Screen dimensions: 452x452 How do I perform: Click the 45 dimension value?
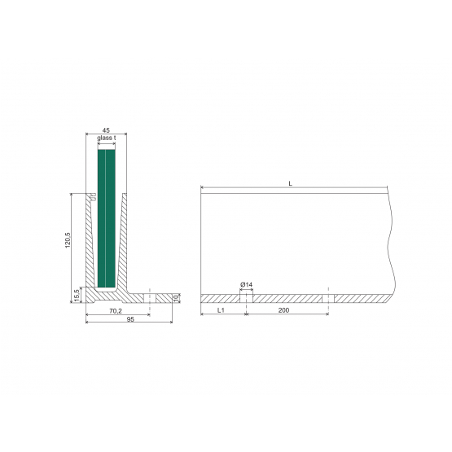tap(106, 130)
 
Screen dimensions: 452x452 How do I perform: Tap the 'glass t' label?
tap(107, 138)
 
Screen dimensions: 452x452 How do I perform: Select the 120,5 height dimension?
tap(68, 239)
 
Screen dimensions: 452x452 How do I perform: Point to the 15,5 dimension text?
tap(77, 296)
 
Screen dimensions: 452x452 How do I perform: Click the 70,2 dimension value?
tap(116, 311)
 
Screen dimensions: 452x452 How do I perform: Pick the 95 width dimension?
tap(130, 319)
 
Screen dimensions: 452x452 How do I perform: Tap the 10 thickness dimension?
tap(176, 298)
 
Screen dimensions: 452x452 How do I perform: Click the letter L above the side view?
tap(290, 183)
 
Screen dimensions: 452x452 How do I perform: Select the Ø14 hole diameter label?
tap(246, 285)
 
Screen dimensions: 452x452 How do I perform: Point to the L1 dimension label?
tap(221, 310)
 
